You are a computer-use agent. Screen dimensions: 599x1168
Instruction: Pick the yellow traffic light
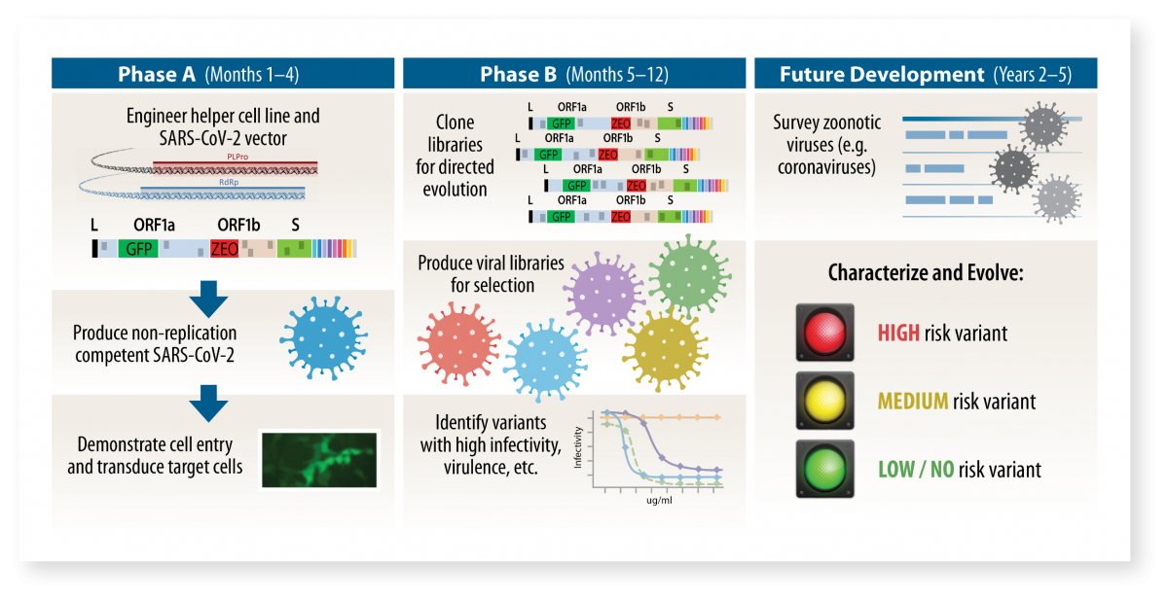coord(825,400)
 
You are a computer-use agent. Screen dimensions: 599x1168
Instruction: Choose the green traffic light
coord(825,469)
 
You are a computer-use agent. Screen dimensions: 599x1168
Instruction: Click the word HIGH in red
coord(899,334)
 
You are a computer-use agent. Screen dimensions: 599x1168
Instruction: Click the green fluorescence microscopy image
coord(317,459)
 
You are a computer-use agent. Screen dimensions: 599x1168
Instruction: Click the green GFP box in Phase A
coord(137,249)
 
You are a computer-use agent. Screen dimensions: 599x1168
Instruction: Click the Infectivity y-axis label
coord(578,448)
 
